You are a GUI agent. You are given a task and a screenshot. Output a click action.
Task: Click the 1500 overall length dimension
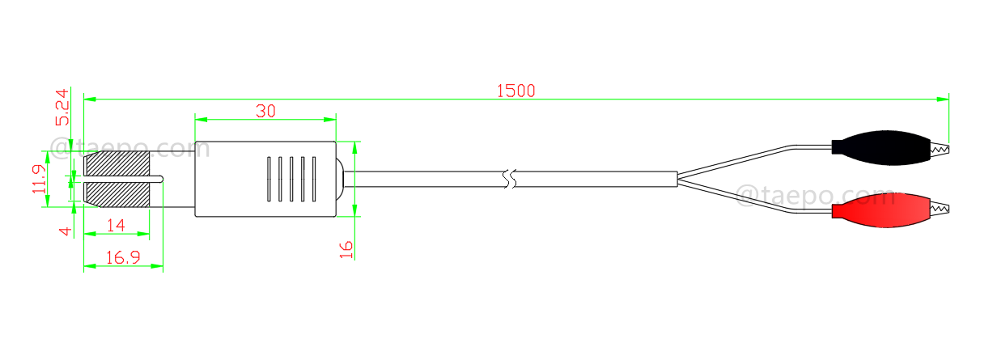pyautogui.click(x=515, y=91)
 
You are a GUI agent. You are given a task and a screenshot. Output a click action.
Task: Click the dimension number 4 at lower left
pyautogui.click(x=66, y=231)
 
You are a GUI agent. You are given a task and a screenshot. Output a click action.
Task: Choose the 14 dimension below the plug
pyautogui.click(x=117, y=226)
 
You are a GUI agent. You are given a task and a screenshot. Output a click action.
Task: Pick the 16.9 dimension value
pyautogui.click(x=122, y=258)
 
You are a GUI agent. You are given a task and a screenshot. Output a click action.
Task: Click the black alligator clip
pyautogui.click(x=882, y=147)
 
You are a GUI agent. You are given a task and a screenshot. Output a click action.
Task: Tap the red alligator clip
pyautogui.click(x=882, y=210)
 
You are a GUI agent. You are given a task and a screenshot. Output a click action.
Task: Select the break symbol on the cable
pyautogui.click(x=508, y=179)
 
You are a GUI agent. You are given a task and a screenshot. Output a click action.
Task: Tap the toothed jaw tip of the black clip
pyautogui.click(x=941, y=149)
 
